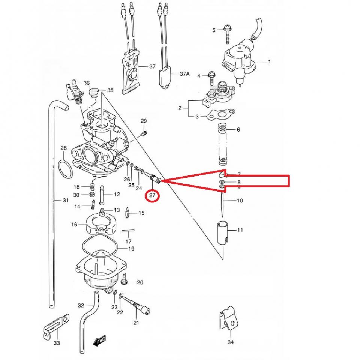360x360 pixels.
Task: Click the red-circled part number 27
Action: [x=153, y=195]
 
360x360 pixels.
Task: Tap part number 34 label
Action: [x=230, y=342]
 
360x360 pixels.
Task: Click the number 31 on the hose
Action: [x=66, y=201]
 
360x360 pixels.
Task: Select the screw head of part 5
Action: [x=227, y=27]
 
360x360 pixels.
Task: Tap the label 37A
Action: [x=184, y=74]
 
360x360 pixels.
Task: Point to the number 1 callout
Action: [x=269, y=61]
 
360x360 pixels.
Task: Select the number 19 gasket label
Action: [x=131, y=249]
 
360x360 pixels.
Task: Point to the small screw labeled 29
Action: [x=143, y=133]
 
